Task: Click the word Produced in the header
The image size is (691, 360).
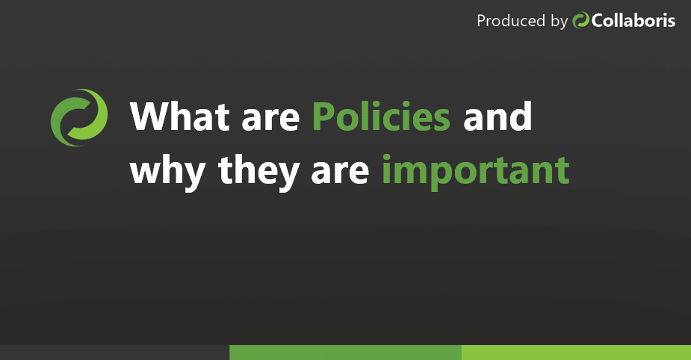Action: click(x=512, y=21)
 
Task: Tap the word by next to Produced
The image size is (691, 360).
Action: click(x=559, y=22)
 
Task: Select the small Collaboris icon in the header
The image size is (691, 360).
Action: click(x=581, y=21)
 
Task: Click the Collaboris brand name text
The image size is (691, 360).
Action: click(x=633, y=21)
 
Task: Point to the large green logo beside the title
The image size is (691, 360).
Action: click(x=78, y=118)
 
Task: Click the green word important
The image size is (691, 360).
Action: click(x=476, y=171)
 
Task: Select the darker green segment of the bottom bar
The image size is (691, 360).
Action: click(x=345, y=353)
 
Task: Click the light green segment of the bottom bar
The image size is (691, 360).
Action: click(x=576, y=353)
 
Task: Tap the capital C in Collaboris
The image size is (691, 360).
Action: click(x=599, y=21)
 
